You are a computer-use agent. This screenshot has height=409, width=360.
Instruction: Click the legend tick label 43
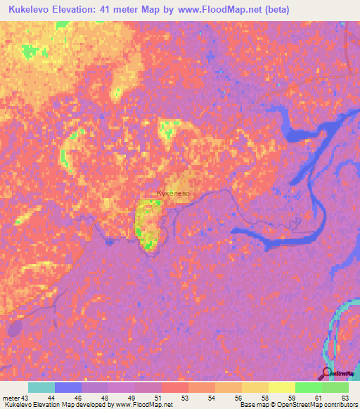25,397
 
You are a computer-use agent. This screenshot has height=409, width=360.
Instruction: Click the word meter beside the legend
11,397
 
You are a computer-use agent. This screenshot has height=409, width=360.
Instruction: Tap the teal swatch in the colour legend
41,387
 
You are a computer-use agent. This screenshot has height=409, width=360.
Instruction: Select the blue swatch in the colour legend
68,387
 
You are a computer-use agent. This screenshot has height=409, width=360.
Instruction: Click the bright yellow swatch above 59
282,387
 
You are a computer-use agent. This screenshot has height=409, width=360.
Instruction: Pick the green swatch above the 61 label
309,387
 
